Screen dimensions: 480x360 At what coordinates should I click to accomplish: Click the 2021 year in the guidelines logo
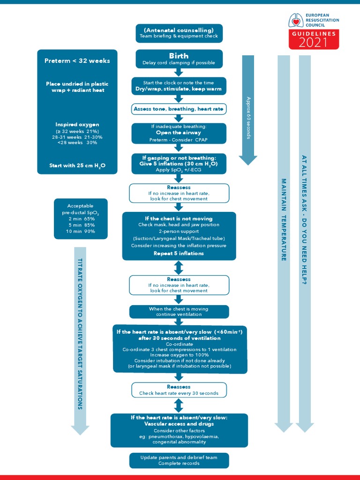point(313,43)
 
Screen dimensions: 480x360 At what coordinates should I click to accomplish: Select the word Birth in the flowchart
point(179,56)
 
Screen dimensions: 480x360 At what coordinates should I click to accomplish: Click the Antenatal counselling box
point(179,33)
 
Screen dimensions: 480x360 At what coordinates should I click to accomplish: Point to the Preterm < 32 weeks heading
point(77,60)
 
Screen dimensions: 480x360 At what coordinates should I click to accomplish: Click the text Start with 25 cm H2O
point(77,165)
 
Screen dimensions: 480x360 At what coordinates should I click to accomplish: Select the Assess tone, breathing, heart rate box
point(179,109)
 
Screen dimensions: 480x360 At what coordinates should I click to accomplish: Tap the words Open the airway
point(179,133)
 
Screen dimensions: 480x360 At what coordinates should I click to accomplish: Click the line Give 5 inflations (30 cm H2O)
point(179,164)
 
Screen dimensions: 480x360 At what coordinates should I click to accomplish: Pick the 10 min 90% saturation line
point(81,232)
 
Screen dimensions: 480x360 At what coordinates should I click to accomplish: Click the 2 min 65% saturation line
point(81,219)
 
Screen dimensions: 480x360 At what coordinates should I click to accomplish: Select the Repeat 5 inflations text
point(179,254)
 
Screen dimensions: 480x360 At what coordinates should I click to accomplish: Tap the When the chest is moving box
point(179,312)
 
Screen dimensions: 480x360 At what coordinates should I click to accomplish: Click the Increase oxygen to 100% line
point(180,355)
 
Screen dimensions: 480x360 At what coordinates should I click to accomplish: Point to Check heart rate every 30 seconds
point(179,393)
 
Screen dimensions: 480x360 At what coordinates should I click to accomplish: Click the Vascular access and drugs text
point(179,424)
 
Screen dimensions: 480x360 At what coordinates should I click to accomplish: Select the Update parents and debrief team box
point(179,460)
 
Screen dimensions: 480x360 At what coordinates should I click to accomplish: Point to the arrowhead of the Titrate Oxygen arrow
point(80,429)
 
